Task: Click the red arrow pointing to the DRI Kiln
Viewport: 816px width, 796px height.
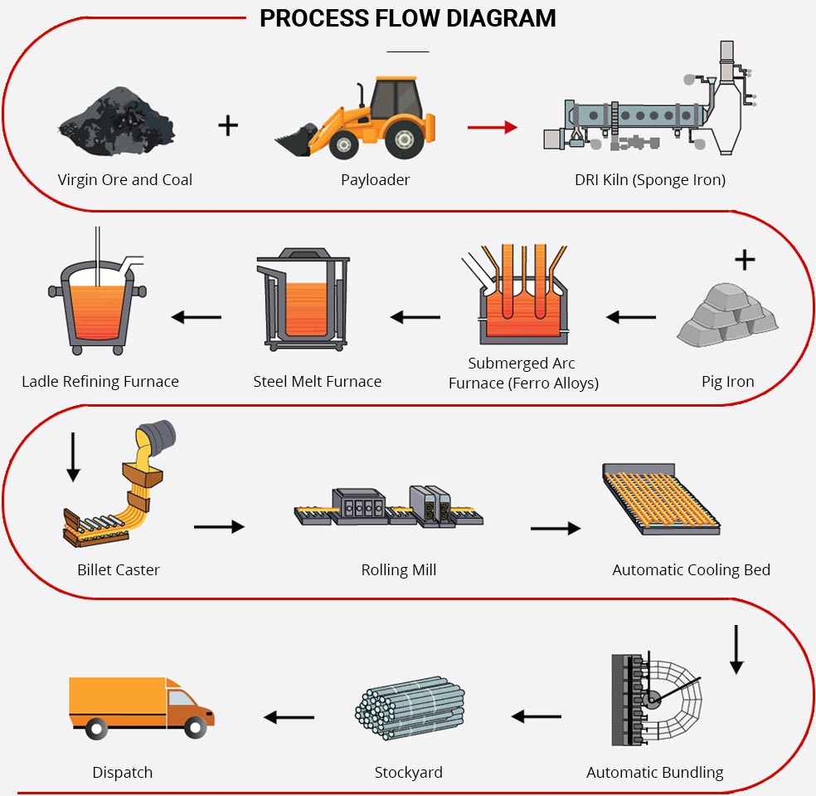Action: coord(492,127)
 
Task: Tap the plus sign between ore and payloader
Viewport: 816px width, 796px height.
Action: coord(228,125)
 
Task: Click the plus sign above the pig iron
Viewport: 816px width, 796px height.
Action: coord(745,261)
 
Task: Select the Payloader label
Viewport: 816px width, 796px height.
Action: coord(376,180)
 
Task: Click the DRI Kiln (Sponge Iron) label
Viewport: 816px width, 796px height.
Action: coord(649,180)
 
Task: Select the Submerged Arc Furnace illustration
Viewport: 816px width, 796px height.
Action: coord(522,299)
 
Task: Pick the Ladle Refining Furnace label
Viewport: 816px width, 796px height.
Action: coord(100,382)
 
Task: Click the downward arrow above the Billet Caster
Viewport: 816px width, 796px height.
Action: coord(73,457)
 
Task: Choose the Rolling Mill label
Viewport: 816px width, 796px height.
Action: coord(399,570)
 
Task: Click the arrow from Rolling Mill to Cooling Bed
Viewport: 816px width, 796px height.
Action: coord(556,528)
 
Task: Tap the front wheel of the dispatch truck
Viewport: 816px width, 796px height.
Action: coord(195,728)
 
